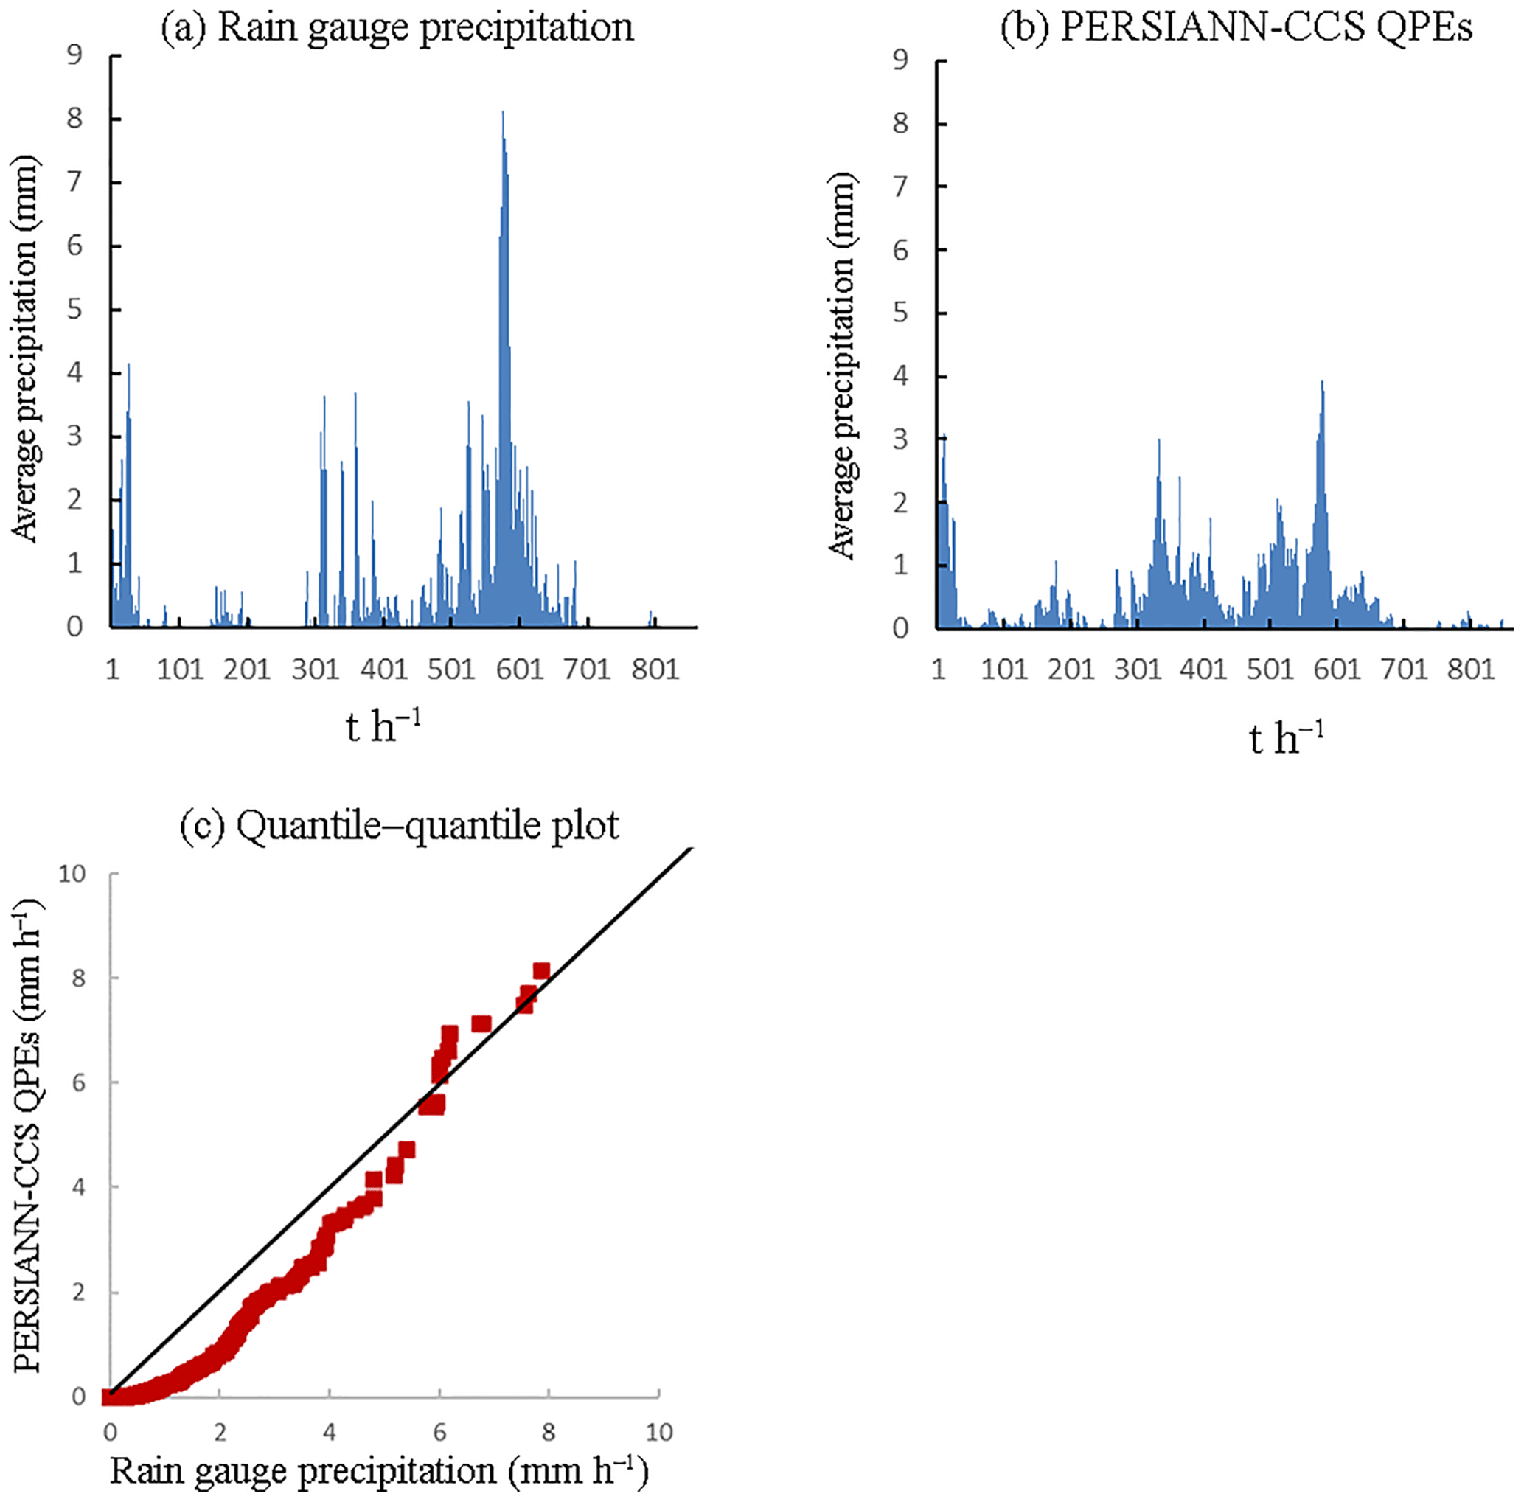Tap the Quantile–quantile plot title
tap(400, 826)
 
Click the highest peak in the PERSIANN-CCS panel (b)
tap(1321, 383)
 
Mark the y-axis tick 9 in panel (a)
tap(75, 56)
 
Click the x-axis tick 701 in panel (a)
tap(587, 670)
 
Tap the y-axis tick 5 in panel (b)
tap(900, 313)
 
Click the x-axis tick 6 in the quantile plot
tap(439, 1431)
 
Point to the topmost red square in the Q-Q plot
tap(541, 970)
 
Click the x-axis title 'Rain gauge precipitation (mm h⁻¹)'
tap(379, 1472)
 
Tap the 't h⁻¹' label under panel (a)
tap(383, 726)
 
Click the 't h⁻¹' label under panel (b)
tap(1286, 738)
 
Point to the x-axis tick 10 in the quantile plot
tap(658, 1431)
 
